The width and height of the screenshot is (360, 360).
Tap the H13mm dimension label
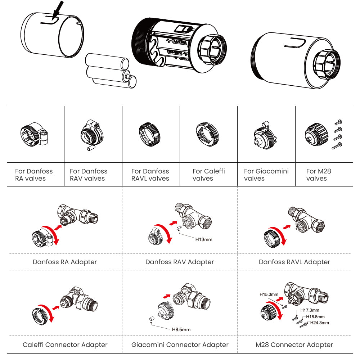pos(204,239)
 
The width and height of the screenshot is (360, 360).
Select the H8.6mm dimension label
pos(181,329)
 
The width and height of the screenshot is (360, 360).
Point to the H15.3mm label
pos(269,294)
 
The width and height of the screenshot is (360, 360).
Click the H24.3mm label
pos(320,323)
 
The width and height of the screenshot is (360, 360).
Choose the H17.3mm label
pos(310,310)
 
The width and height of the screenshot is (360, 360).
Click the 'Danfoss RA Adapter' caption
pos(65,262)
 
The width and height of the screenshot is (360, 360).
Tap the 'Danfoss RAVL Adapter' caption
pos(294,262)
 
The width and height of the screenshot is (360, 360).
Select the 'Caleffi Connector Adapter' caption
pos(65,345)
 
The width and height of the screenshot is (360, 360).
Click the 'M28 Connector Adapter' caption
pos(294,345)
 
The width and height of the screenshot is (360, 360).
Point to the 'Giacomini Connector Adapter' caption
pos(180,345)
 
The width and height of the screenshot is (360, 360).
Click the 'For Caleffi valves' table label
pos(208,175)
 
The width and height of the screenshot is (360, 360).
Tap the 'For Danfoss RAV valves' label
pos(89,175)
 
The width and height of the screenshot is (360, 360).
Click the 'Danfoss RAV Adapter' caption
pos(180,262)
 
